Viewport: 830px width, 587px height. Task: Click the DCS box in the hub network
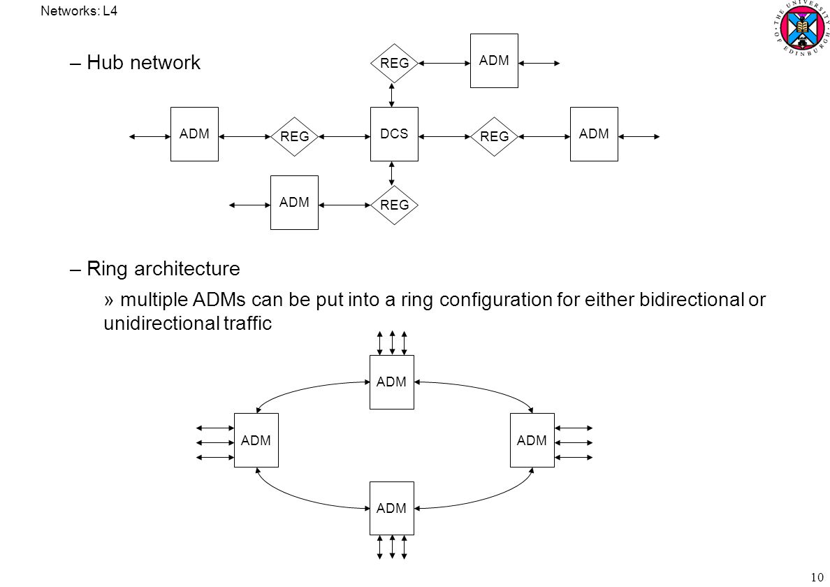click(394, 134)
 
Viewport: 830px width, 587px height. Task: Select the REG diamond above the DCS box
click(394, 63)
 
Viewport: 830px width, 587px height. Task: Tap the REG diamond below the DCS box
click(394, 205)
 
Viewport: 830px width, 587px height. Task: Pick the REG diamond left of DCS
click(294, 136)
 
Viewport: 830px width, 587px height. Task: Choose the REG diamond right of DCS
click(494, 136)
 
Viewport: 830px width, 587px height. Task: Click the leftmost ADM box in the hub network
click(194, 134)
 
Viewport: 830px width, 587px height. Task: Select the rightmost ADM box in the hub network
click(594, 134)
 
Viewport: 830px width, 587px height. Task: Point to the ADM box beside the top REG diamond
click(494, 60)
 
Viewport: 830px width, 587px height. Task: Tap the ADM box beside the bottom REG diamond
click(294, 202)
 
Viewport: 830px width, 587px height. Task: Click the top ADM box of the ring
click(392, 382)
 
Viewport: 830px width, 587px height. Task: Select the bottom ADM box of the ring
click(392, 508)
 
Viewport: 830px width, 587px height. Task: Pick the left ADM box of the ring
click(256, 440)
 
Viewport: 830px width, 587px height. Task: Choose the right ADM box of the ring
click(532, 440)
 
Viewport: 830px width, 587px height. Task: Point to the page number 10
click(817, 577)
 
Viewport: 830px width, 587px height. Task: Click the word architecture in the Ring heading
click(187, 268)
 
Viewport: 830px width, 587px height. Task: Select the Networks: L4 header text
click(79, 10)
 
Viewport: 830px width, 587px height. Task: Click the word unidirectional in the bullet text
click(161, 323)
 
